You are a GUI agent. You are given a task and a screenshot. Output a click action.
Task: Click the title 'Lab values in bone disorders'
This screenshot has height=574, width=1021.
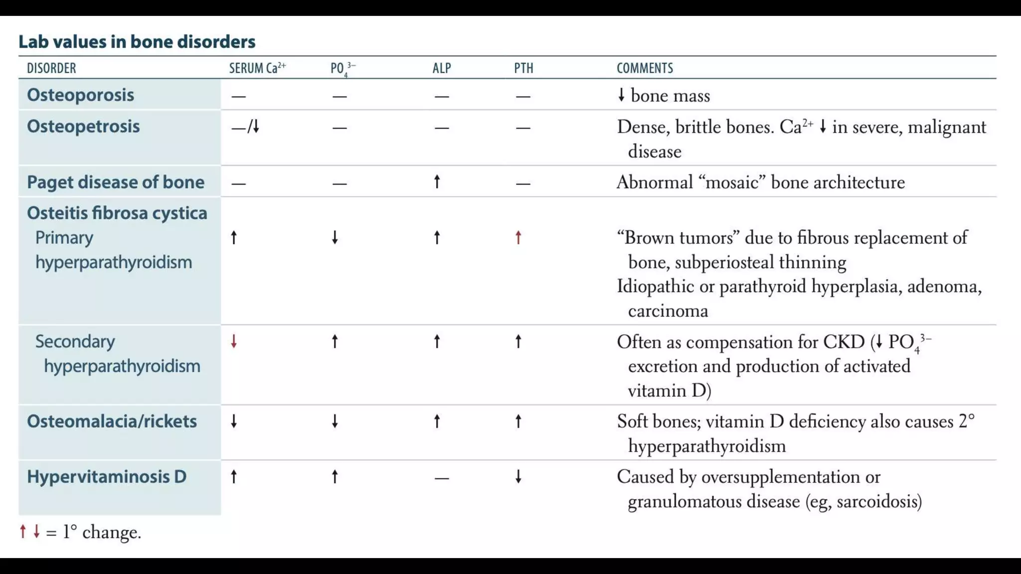137,41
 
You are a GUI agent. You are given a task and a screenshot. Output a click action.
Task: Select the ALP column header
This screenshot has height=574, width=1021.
442,68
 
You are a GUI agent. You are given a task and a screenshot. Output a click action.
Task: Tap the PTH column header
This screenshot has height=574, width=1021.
523,68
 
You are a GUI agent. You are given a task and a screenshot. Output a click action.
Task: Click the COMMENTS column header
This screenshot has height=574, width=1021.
645,68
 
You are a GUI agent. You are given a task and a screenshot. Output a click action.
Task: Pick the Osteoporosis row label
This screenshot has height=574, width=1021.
80,95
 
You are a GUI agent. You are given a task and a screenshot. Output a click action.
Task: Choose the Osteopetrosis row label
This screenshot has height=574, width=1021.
83,126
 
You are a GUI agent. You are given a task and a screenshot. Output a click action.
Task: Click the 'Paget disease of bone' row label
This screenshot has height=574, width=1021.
116,182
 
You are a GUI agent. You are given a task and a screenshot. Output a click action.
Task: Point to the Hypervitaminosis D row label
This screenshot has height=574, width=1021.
107,476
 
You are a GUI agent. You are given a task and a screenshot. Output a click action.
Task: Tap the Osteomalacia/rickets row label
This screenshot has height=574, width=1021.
112,421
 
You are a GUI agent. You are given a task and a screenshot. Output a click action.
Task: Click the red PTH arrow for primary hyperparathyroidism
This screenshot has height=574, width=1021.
518,238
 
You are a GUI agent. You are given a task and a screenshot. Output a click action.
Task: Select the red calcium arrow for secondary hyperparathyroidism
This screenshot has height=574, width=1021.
234,341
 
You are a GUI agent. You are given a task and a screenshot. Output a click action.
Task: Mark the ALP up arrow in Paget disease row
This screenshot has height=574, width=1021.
437,182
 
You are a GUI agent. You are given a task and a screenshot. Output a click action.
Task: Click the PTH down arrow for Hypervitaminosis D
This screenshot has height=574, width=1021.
518,477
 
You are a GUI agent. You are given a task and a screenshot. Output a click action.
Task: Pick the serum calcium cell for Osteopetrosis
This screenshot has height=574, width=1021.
246,127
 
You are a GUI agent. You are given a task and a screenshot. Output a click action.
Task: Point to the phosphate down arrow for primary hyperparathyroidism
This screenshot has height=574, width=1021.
335,238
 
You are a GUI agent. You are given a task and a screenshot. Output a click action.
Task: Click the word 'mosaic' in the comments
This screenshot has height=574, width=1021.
732,182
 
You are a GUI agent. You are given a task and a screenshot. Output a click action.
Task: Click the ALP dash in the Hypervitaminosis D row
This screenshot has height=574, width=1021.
442,478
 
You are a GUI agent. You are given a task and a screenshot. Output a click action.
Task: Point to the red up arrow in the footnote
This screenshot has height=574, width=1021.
23,532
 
